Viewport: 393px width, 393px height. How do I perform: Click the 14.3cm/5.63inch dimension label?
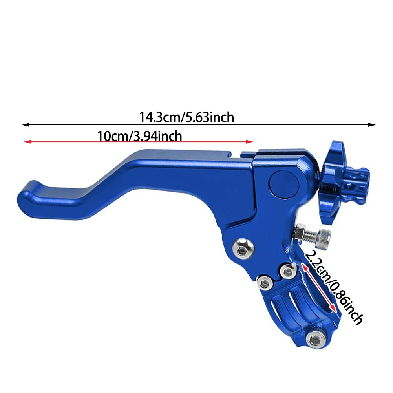186,117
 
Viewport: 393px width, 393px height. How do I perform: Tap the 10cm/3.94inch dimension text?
139,136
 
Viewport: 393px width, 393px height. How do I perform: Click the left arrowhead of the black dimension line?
26,124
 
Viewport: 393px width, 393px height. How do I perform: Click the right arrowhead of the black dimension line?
372,124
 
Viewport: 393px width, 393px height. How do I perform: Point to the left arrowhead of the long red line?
27,142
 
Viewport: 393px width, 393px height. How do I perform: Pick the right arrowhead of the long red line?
250,142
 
